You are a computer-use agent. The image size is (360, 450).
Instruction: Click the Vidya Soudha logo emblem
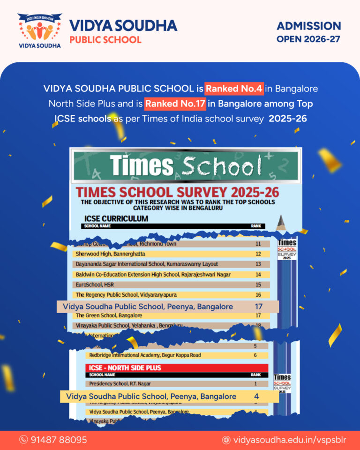pyautogui.click(x=39, y=29)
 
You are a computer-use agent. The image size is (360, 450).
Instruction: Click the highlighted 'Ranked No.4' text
pyautogui.click(x=234, y=88)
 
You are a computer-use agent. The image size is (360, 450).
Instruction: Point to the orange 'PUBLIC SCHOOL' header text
pyautogui.click(x=105, y=39)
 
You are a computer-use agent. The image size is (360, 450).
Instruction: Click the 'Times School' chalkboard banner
pyautogui.click(x=186, y=166)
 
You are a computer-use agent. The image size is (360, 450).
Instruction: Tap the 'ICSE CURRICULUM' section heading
pyautogui.click(x=116, y=218)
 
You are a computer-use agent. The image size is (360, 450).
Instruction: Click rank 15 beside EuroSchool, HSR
pyautogui.click(x=258, y=285)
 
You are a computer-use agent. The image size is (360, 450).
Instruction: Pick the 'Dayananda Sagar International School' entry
pyautogui.click(x=146, y=264)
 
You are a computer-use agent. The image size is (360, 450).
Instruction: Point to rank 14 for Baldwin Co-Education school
pyautogui.click(x=258, y=274)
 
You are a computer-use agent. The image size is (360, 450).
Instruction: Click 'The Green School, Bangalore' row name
pyautogui.click(x=109, y=315)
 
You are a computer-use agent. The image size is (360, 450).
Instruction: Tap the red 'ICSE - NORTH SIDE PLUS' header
pyautogui.click(x=125, y=368)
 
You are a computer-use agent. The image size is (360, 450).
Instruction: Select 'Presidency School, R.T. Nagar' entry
pyautogui.click(x=121, y=384)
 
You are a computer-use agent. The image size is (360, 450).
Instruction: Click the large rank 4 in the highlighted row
pyautogui.click(x=256, y=397)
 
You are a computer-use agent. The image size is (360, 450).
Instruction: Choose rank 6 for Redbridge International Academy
pyautogui.click(x=255, y=355)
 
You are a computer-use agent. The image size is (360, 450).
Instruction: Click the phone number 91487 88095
pyautogui.click(x=59, y=440)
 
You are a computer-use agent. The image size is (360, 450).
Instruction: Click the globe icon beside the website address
pyautogui.click(x=226, y=440)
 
